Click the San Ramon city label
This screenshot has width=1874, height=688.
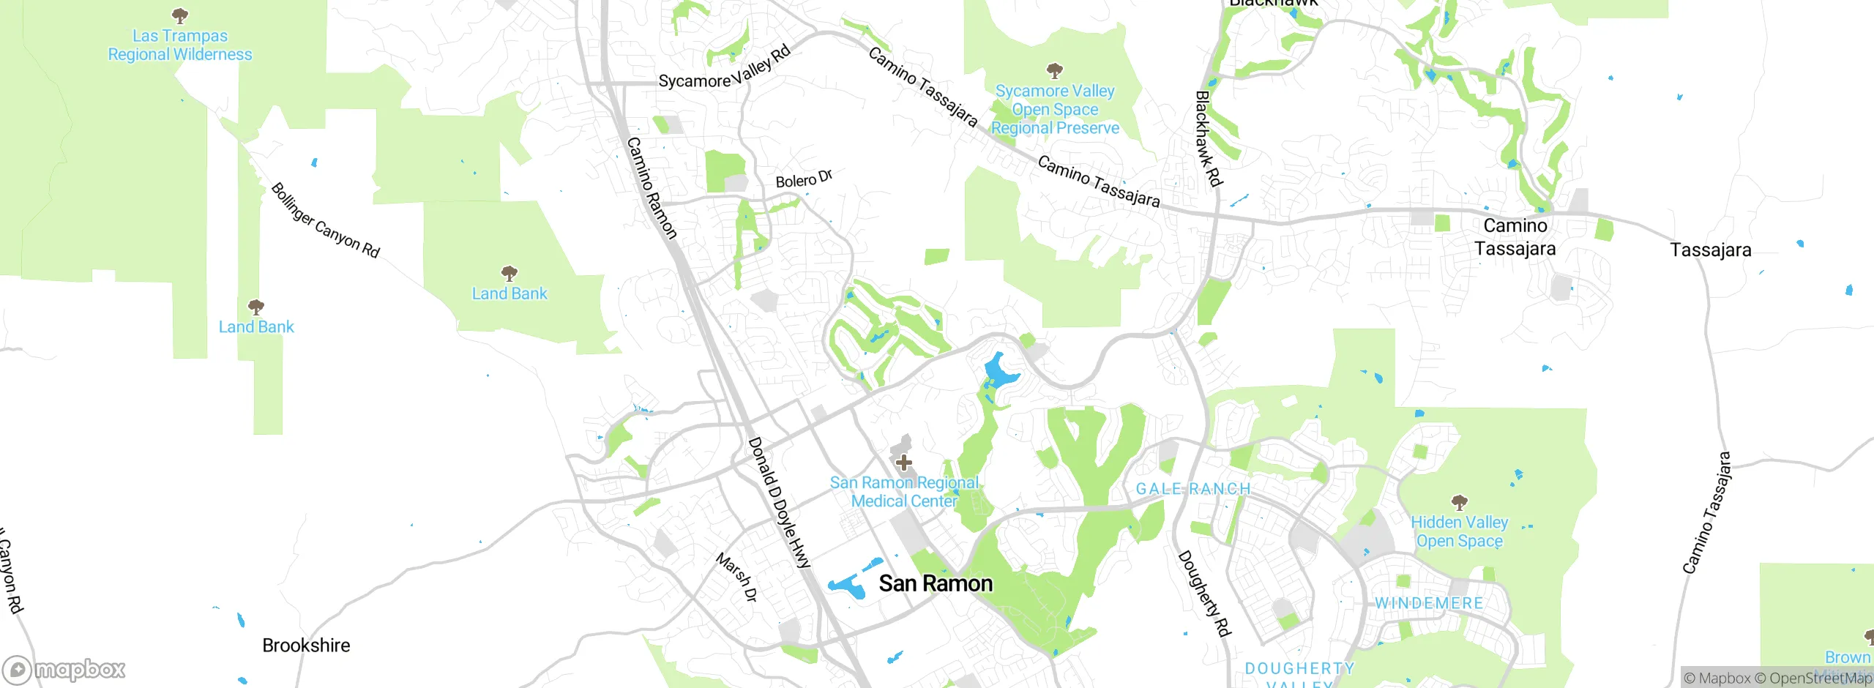936,583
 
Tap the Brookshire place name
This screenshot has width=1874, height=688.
306,646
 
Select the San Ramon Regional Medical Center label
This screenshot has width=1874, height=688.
904,492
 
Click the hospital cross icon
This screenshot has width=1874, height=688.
904,463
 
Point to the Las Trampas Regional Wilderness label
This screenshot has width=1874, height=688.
180,45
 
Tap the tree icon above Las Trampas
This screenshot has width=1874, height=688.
180,15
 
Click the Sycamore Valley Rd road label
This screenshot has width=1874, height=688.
724,67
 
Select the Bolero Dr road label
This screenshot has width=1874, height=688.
804,179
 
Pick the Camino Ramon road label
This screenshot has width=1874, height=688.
652,188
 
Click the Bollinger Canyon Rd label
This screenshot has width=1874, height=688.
326,220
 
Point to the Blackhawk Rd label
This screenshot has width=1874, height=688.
1209,138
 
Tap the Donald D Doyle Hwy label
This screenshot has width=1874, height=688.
780,503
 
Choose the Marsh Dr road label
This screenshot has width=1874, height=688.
736,577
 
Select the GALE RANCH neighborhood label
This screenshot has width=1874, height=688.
1193,489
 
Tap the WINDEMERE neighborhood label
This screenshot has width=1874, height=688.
1429,603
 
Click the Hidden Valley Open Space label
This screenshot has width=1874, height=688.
1460,532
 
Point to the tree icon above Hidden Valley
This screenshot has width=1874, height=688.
1460,502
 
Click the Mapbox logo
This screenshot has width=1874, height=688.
64,670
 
